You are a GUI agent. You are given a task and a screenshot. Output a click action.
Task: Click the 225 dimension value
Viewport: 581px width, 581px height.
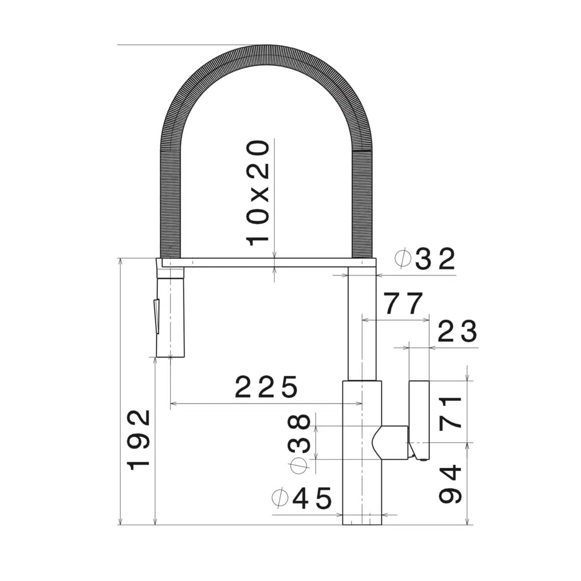click(267, 387)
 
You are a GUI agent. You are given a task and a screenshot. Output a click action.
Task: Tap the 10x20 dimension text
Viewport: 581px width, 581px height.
click(258, 193)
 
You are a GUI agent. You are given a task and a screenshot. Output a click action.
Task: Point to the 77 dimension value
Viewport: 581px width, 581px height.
click(404, 304)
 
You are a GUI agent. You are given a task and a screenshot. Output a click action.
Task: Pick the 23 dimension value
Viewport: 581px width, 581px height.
click(457, 332)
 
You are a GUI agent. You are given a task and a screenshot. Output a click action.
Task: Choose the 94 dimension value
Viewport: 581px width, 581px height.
click(450, 484)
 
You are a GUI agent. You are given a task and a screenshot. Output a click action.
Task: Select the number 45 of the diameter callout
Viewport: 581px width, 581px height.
click(312, 498)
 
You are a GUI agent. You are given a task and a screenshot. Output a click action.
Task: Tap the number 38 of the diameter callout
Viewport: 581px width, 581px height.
click(299, 433)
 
